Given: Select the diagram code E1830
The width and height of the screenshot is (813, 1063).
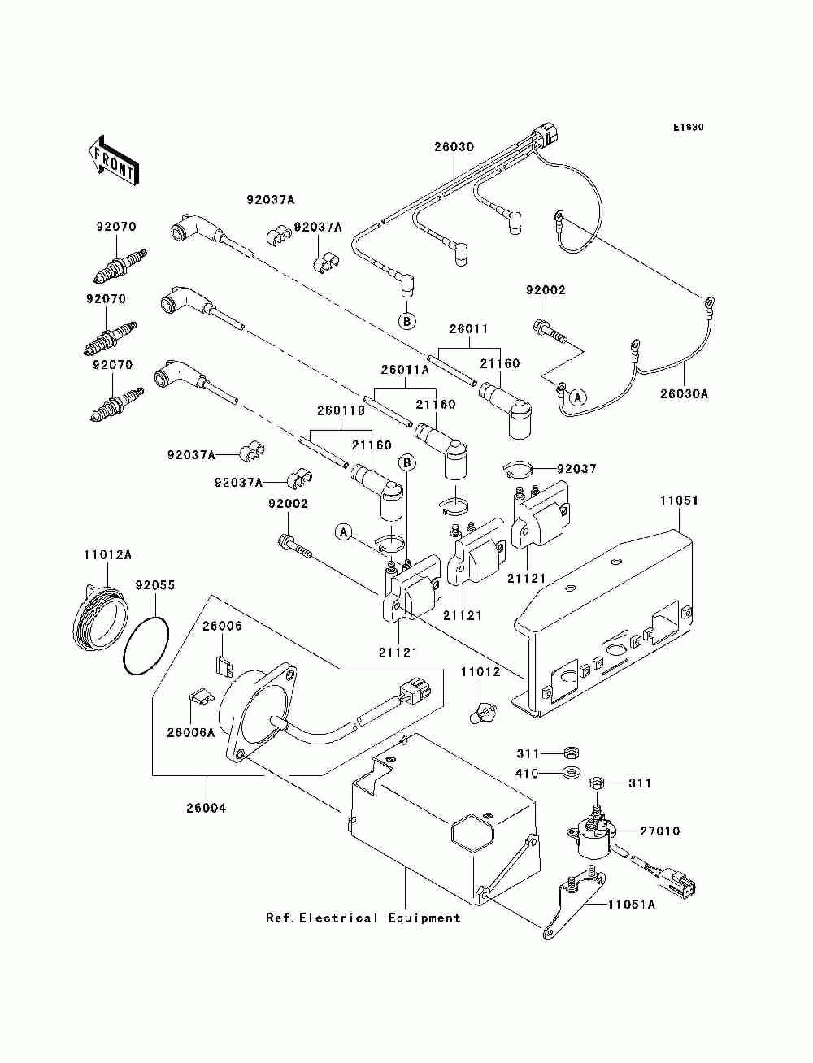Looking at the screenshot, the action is [x=688, y=128].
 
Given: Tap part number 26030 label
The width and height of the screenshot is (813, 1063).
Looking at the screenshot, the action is [x=454, y=147].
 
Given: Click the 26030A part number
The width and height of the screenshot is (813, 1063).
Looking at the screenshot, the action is [x=684, y=394].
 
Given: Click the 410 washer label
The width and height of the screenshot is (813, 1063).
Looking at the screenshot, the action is [x=527, y=774].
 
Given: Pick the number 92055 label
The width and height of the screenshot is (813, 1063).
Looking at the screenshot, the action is [x=155, y=585].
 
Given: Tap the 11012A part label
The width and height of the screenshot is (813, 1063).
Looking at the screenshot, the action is [x=107, y=554].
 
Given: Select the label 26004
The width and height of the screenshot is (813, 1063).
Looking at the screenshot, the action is [x=207, y=809].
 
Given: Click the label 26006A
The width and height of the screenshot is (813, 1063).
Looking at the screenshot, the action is [x=191, y=733].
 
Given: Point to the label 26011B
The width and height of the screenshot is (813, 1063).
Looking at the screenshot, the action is [x=341, y=410].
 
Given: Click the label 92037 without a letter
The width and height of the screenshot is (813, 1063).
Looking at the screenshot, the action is [x=576, y=469].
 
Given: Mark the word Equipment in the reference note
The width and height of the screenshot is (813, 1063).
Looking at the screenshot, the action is [x=424, y=918].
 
